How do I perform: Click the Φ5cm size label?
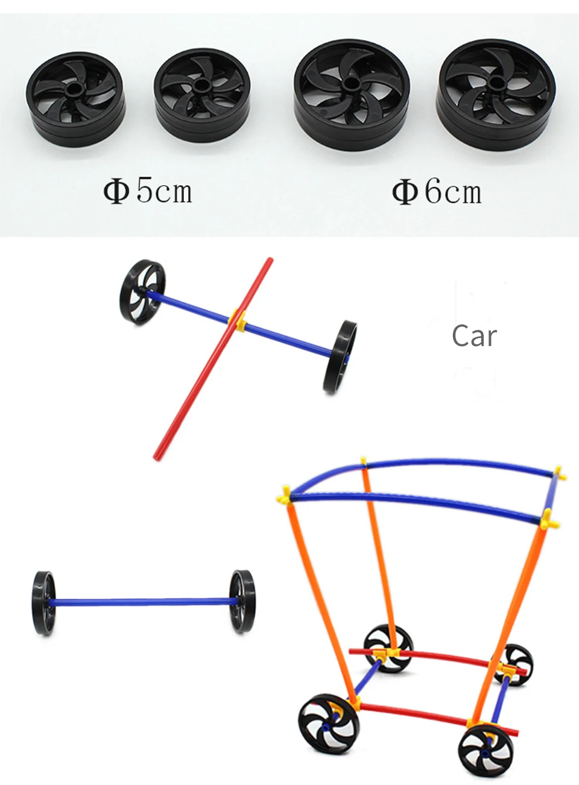[148, 191]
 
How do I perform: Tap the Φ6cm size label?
[437, 192]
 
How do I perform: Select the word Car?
[474, 336]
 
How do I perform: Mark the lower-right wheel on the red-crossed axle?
[340, 357]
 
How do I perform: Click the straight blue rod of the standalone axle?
[142, 601]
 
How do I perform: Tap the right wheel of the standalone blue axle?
[242, 601]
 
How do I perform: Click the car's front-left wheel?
[327, 724]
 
